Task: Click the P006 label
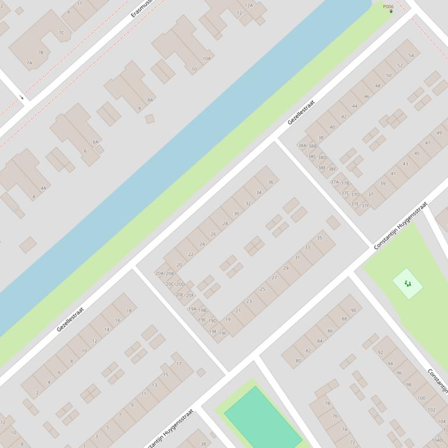(x=388, y=6)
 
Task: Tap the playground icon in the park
(x=407, y=283)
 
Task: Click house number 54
(x=411, y=56)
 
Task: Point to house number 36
(x=271, y=182)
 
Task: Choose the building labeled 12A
(x=248, y=5)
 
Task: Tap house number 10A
(x=207, y=58)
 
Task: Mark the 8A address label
(x=150, y=100)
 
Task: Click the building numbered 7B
(x=40, y=52)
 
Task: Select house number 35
(x=319, y=238)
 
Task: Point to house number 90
(x=353, y=311)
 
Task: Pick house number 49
(x=439, y=133)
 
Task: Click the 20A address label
(x=159, y=273)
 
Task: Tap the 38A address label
(x=301, y=145)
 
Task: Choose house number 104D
(x=437, y=440)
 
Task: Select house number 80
(x=298, y=361)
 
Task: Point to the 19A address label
(x=192, y=309)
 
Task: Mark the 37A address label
(x=335, y=182)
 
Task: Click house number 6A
(x=95, y=141)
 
